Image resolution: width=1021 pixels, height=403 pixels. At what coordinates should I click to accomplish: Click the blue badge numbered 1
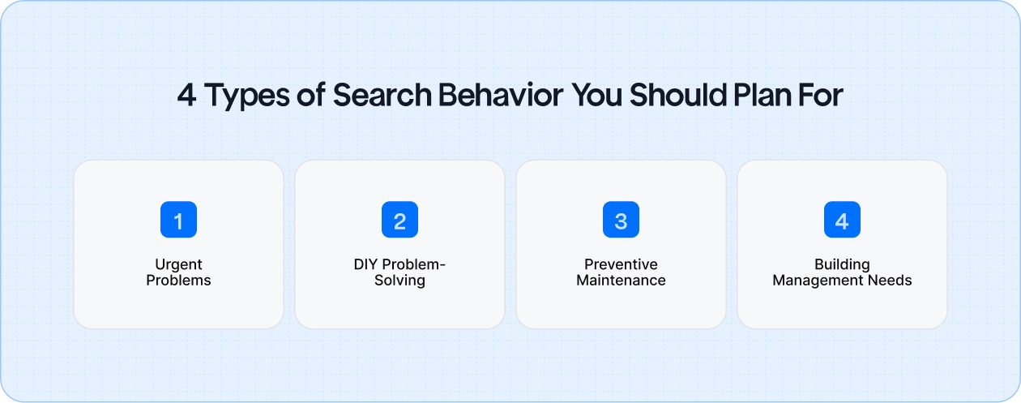coord(178,220)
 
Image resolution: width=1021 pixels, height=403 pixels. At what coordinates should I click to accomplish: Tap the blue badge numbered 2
coord(399,220)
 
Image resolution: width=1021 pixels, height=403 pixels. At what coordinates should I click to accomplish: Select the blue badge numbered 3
coord(621,220)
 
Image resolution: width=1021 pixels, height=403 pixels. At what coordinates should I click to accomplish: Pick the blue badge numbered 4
coord(842,220)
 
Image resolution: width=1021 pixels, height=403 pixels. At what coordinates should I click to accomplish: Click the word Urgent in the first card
coord(178,265)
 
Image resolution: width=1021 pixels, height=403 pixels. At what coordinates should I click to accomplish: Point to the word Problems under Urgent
coord(178,281)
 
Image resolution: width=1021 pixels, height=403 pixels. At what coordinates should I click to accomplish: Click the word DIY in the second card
coord(365,265)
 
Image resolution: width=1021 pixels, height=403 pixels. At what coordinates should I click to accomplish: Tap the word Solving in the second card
coord(399,281)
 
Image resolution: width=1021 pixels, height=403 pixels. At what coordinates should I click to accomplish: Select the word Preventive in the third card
coord(621,265)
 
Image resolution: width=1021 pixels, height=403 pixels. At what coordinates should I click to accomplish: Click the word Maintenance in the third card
coord(621,281)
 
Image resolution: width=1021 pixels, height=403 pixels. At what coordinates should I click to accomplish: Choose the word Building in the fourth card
coord(842,265)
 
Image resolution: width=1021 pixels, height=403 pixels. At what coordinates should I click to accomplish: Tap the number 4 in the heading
coord(187,96)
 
